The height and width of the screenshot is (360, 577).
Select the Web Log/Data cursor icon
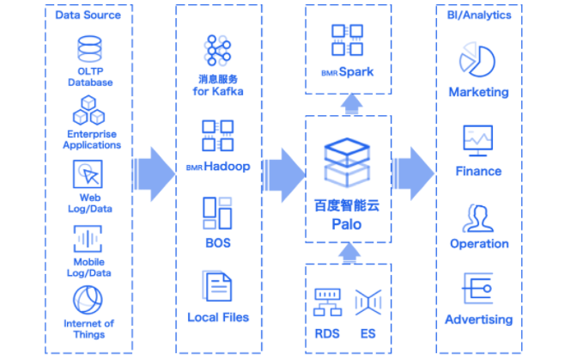[x=89, y=174]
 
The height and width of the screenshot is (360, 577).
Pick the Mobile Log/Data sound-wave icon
[x=88, y=238]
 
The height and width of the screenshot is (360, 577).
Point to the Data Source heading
[x=88, y=15]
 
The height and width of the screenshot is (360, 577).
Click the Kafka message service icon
[x=218, y=51]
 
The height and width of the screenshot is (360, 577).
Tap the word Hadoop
[x=227, y=166]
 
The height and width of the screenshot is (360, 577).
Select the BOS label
[x=218, y=243]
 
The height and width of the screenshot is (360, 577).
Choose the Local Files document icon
[x=217, y=286]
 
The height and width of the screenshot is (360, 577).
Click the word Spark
[x=355, y=72]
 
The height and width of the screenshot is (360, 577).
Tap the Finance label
[x=478, y=171]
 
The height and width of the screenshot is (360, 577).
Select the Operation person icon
[x=477, y=217]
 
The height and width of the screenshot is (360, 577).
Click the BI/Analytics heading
[x=479, y=15]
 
